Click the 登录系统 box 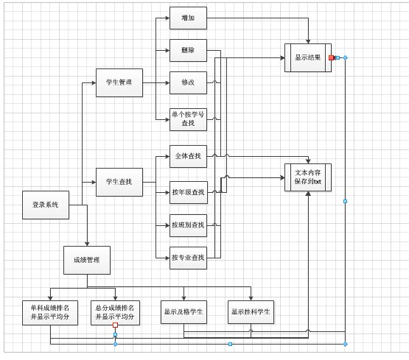pyautogui.click(x=45, y=205)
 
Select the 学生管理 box pyautogui.click(x=119, y=82)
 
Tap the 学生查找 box pyautogui.click(x=119, y=181)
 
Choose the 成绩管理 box pyautogui.click(x=86, y=260)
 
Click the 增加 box pyautogui.click(x=188, y=18)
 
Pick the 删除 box pyautogui.click(x=188, y=50)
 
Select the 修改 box pyautogui.click(x=188, y=82)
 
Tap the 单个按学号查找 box pyautogui.click(x=188, y=119)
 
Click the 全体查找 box pyautogui.click(x=188, y=156)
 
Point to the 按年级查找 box pyautogui.click(x=188, y=192)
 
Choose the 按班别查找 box pyautogui.click(x=188, y=225)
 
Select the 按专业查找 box pyautogui.click(x=188, y=258)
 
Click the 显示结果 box pyautogui.click(x=307, y=57)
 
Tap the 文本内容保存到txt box pyautogui.click(x=307, y=177)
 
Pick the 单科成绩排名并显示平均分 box pyautogui.click(x=50, y=312)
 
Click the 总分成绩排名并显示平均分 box pyautogui.click(x=116, y=312)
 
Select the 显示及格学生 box pyautogui.click(x=183, y=312)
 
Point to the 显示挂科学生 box pyautogui.click(x=251, y=312)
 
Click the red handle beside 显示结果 pyautogui.click(x=332, y=57)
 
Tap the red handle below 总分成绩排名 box pyautogui.click(x=116, y=325)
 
